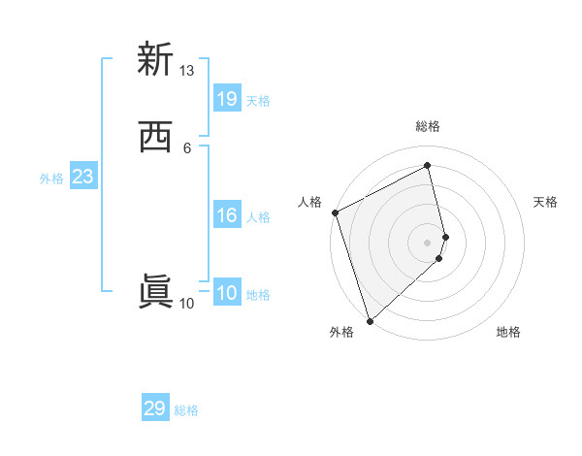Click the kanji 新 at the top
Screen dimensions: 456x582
[154, 59]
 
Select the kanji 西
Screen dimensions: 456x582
[154, 138]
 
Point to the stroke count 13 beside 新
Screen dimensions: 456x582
[186, 71]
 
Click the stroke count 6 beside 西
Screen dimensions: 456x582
[186, 148]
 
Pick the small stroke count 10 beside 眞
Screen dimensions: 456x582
[186, 304]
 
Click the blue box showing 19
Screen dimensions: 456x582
[227, 99]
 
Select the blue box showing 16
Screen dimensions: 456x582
[227, 215]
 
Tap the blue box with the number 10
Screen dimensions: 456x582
[227, 294]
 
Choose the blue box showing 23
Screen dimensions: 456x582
[82, 178]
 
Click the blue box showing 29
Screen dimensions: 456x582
[155, 408]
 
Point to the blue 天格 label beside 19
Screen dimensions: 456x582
[258, 100]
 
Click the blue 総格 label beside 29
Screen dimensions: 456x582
[186, 410]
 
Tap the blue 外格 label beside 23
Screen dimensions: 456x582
[51, 179]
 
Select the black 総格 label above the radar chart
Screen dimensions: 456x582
[428, 126]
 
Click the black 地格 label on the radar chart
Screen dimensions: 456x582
[508, 333]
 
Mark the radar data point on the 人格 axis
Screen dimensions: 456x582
[335, 212]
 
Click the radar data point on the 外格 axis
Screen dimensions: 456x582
[369, 320]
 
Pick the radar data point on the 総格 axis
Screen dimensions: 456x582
[428, 166]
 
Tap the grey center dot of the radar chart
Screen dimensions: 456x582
[428, 243]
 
